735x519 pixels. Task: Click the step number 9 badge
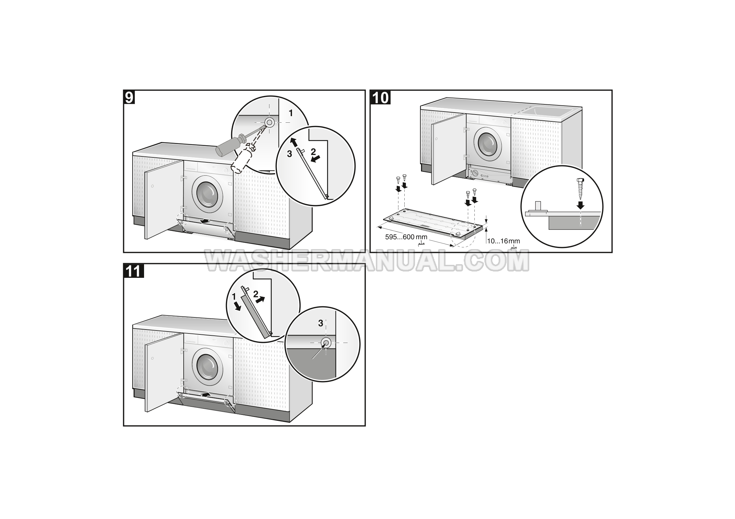(130, 98)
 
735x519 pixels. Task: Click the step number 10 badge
(380, 98)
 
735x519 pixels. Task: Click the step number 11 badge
(134, 271)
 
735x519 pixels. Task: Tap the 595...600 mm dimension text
(406, 237)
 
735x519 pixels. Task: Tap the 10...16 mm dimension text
(504, 241)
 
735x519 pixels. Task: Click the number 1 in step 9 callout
(290, 113)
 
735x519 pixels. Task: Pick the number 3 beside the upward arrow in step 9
(289, 154)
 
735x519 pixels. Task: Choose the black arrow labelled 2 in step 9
(315, 159)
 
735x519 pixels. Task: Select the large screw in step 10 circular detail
(580, 189)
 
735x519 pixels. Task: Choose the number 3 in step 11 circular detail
(321, 323)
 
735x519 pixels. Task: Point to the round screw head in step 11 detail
(326, 343)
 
